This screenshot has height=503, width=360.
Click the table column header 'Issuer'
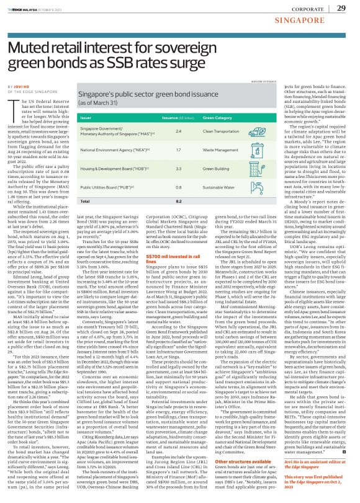pyautogui.click(x=86, y=116)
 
